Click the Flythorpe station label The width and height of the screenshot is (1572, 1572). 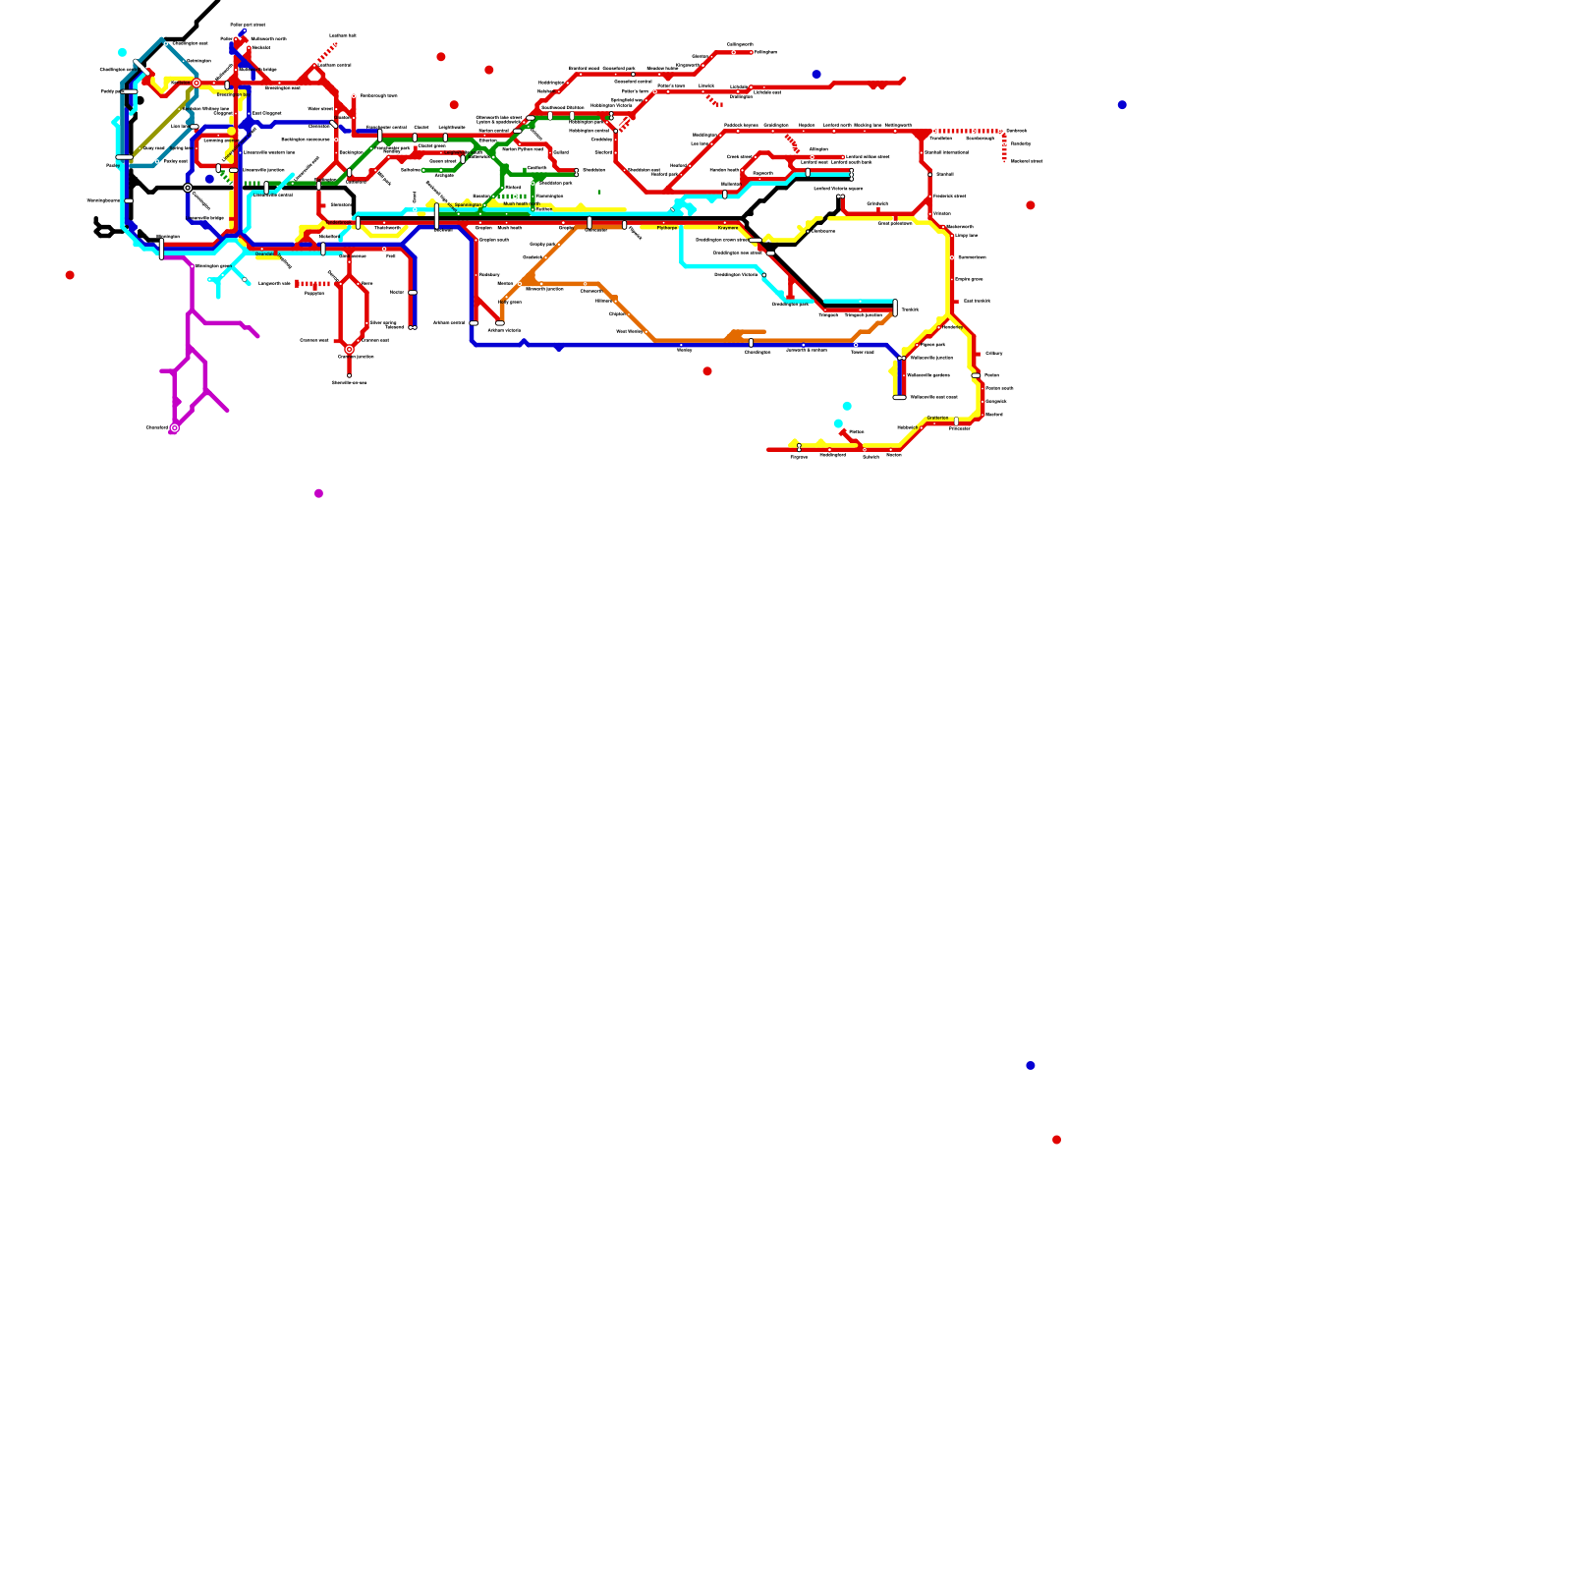coord(667,228)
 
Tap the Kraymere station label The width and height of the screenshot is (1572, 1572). coord(727,228)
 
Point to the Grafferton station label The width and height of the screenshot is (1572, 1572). coord(937,418)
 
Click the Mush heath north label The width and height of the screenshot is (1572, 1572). coord(521,204)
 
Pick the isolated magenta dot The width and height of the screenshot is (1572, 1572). coord(318,493)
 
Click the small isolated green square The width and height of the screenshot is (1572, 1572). coord(599,192)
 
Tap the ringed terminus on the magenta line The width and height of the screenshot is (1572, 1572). coord(175,427)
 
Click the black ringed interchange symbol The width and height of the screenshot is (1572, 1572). coord(188,188)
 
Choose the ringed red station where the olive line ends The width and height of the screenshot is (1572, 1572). coord(196,84)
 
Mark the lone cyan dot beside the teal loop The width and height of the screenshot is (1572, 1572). coord(122,52)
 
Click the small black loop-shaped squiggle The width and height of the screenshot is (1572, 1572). coord(103,232)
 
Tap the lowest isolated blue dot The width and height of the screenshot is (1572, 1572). coord(1030,1065)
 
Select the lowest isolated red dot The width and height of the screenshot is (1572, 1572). coord(1056,1140)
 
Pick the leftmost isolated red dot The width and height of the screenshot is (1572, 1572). coord(70,275)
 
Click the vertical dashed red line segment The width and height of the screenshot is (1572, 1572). coord(1004,147)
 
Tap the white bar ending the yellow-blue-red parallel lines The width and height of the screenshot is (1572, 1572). coord(899,398)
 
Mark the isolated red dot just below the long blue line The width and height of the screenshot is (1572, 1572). coord(707,371)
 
